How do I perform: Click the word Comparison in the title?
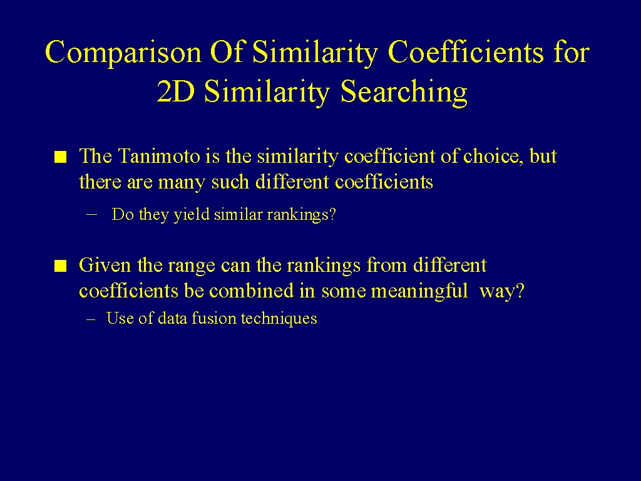[x=123, y=53]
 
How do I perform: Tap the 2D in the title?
[x=175, y=91]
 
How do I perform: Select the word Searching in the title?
[x=404, y=93]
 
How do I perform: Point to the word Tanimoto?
[x=159, y=156]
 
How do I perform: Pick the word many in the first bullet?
[x=182, y=182]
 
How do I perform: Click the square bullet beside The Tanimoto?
[x=61, y=157]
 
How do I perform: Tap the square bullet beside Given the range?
[x=61, y=266]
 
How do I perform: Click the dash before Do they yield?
[x=91, y=214]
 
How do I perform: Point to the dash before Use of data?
[x=91, y=319]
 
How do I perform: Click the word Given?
[x=105, y=265]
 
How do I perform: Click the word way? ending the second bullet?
[x=501, y=292]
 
